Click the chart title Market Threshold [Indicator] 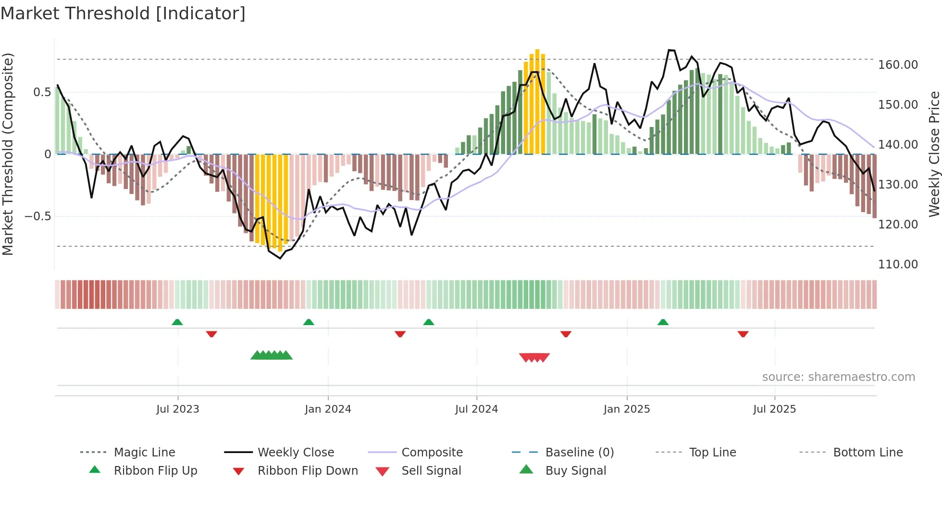coord(123,13)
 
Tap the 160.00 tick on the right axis coord(898,65)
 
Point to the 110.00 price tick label coord(898,265)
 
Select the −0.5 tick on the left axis coord(38,216)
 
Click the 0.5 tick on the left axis coord(42,92)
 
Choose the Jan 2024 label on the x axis coord(328,409)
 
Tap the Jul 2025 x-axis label coord(774,409)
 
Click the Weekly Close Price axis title coord(934,154)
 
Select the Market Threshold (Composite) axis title coord(8,154)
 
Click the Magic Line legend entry coord(144,453)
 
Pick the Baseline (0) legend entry coord(579,453)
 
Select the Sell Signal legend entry coord(431,471)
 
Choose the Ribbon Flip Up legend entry coord(155,471)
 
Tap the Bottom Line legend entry coord(868,453)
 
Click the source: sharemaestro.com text coord(838,377)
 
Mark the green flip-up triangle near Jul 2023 coord(177,322)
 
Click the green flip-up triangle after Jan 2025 coord(663,322)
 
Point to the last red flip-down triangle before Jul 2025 coord(743,334)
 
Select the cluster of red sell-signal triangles coord(534,357)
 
